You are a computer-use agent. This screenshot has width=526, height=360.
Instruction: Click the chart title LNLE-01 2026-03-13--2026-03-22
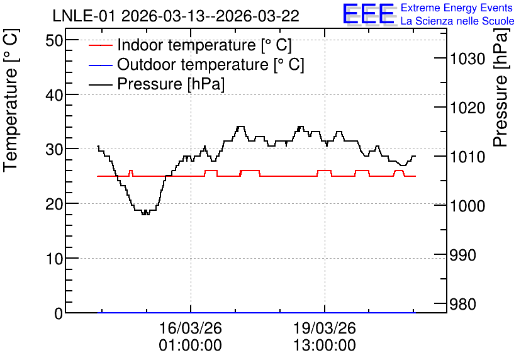point(176,16)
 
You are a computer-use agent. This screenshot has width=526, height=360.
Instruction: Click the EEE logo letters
point(369,14)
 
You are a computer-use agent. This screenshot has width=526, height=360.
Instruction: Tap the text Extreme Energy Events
point(457,8)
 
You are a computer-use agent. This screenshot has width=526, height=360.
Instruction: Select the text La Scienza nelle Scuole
point(457,21)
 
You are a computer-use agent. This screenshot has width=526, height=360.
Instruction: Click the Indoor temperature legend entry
point(190,45)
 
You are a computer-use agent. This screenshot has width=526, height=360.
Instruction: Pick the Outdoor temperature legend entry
point(196,64)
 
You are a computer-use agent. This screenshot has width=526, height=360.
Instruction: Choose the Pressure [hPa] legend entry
point(157,84)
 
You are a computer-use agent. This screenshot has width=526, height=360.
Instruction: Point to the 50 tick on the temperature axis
point(54,41)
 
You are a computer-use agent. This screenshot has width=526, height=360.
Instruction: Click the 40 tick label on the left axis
point(54,95)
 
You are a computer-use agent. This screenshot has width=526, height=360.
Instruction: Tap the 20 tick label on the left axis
point(54,204)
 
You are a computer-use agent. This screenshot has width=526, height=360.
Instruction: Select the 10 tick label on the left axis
point(54,259)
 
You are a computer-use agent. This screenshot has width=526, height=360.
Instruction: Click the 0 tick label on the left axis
point(59,313)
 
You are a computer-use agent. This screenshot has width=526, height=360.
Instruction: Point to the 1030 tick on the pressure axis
point(467,59)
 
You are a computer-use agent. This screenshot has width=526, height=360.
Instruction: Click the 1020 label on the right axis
point(467,108)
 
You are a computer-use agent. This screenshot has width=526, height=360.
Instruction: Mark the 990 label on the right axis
point(462,256)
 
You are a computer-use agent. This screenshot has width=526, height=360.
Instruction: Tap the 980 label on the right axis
point(462,305)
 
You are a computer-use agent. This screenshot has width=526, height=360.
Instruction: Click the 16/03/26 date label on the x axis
point(190,328)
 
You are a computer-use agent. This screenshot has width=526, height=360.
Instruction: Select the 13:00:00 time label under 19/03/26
point(325,346)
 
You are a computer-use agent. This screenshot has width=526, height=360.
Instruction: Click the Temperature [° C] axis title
point(11,100)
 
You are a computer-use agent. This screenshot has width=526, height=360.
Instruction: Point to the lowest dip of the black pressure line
point(145,214)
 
